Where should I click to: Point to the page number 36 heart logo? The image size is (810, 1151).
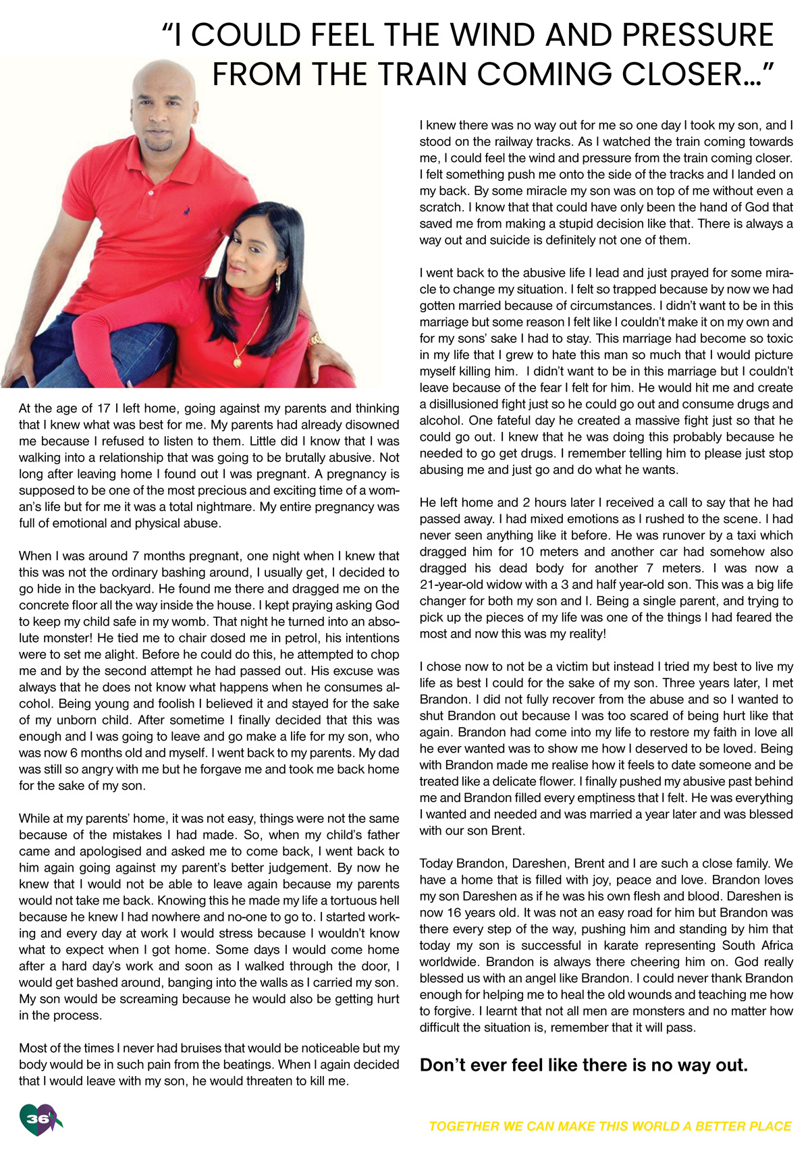39,1119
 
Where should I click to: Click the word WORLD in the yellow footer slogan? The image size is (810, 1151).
634,1126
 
